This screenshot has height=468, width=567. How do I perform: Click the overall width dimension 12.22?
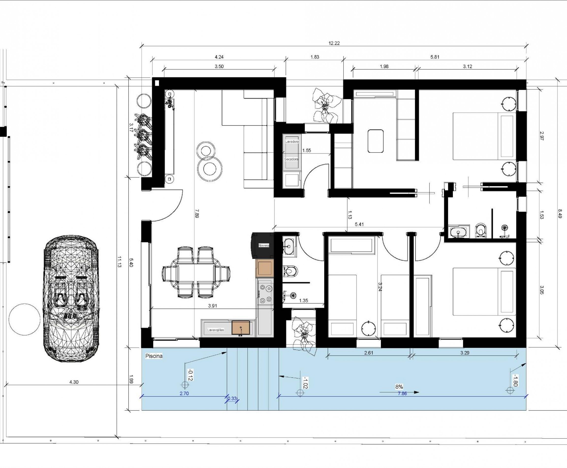tap(334, 43)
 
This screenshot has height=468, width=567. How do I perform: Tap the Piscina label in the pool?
tap(154, 356)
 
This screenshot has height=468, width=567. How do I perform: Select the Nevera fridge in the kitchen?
tap(263, 245)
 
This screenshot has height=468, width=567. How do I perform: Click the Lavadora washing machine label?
tap(292, 142)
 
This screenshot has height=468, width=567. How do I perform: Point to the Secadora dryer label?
tap(291, 159)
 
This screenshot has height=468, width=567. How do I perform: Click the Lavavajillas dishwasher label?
tap(216, 330)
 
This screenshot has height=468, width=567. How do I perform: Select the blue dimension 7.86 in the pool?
tap(402, 394)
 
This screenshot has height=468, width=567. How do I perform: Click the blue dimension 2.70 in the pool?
tap(184, 393)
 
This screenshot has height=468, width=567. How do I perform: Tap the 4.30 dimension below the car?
tap(74, 382)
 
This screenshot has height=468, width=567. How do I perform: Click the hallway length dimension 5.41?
tap(359, 224)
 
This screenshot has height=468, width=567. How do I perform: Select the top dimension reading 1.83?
tap(315, 57)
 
